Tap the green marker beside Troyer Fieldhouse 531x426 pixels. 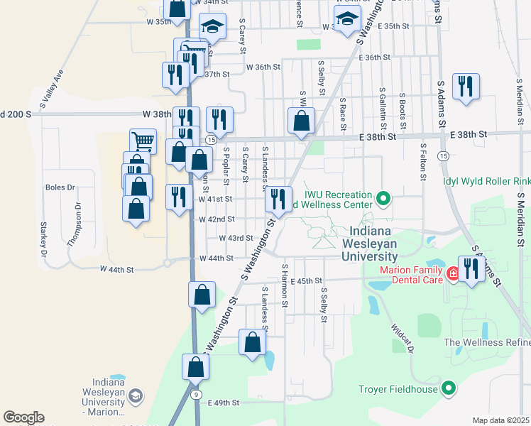[448, 388]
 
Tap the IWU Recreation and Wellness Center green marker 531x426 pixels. [383, 198]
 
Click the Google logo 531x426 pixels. [23, 417]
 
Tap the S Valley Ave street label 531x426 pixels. [52, 89]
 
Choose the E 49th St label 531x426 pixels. [225, 403]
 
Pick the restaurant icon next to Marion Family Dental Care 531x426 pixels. [471, 269]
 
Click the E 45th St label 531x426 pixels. [306, 281]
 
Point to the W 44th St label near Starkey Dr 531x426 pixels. [117, 270]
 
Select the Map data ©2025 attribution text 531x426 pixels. [501, 420]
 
